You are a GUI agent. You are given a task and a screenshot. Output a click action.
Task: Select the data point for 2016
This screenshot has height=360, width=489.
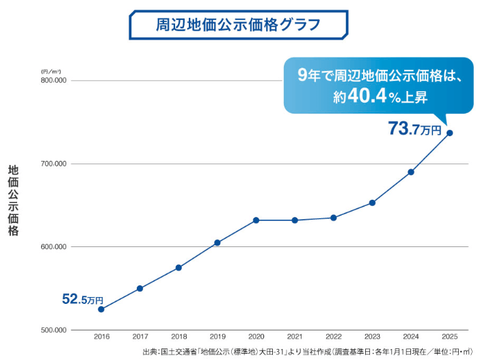pos(101,309)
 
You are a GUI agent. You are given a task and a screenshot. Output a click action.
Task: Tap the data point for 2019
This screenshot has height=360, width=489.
pos(217,243)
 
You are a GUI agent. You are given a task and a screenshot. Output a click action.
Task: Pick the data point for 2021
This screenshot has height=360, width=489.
pos(295,220)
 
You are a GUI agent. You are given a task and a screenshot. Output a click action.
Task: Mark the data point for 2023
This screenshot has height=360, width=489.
pos(372,203)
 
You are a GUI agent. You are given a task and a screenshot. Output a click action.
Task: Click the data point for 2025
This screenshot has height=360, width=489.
pos(449,133)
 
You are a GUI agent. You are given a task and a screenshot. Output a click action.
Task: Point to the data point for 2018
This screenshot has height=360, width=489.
pos(179,268)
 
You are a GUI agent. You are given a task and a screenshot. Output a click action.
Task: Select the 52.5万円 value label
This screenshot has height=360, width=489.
pos(82,300)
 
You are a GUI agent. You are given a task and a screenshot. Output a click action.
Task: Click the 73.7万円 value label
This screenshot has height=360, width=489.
pos(414,128)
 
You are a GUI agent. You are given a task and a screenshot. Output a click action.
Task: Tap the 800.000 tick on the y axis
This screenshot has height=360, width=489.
pos(53,81)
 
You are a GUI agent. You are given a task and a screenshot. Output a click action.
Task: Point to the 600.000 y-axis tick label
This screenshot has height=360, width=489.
pos(53,247)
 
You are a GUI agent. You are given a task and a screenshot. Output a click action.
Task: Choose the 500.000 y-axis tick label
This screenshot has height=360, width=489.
pos(53,330)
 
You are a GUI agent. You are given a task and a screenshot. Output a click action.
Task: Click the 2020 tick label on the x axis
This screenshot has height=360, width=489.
pos(256,337)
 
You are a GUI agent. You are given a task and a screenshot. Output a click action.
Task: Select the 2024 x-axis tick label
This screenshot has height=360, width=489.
pos(410,337)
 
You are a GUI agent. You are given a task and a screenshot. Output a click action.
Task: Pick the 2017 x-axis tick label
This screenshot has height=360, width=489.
pos(140,337)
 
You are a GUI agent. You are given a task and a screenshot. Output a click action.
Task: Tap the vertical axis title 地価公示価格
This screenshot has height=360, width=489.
pos(13,201)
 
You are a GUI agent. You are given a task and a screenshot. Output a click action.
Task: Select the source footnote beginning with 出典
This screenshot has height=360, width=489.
pos(307,352)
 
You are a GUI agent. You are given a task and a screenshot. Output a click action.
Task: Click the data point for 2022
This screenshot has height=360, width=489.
pos(333,218)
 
